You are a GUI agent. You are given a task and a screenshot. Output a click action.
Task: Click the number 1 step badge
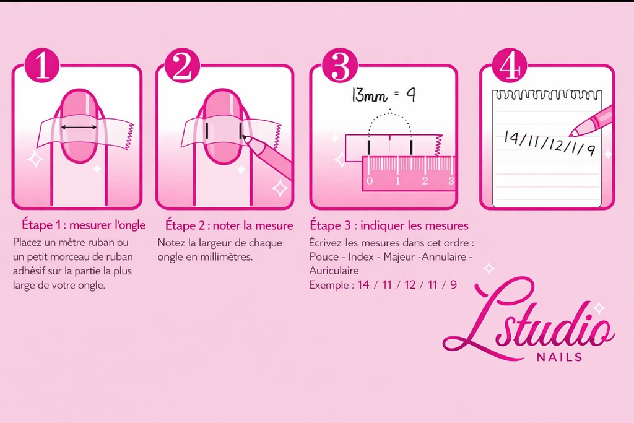tap(42, 66)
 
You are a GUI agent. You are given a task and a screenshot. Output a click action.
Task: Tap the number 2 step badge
tap(181, 66)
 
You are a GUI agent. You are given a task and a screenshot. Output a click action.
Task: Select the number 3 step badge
tap(340, 66)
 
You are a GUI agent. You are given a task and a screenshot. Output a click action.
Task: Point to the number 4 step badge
tap(509, 66)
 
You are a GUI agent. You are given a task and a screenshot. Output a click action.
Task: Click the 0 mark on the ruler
tap(370, 181)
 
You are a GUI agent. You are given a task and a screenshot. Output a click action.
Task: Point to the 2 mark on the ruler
tap(425, 181)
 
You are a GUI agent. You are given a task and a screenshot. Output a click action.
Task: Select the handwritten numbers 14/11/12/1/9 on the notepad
tap(549, 143)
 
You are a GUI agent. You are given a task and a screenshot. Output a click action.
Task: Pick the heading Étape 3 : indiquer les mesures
tap(389, 224)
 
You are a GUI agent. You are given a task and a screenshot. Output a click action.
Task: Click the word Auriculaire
tap(334, 271)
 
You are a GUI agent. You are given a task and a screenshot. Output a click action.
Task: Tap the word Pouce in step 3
tap(323, 256)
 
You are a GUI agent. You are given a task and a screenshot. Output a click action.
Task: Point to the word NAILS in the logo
tap(561, 357)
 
